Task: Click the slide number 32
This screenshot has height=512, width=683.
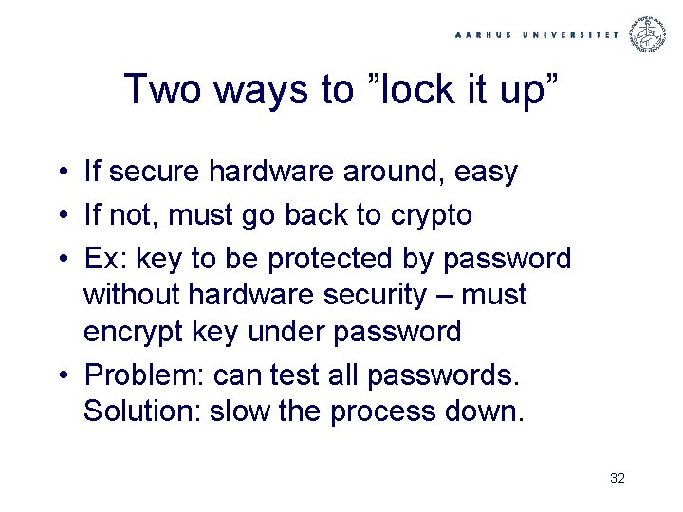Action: click(x=618, y=478)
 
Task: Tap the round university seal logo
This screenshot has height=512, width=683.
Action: click(x=649, y=33)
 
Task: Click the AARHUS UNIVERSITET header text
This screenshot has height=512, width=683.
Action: click(x=537, y=34)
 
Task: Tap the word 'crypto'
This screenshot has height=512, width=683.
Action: click(x=431, y=215)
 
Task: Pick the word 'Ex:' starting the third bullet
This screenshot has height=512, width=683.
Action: click(x=103, y=258)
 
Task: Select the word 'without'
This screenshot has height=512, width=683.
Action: click(x=132, y=295)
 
